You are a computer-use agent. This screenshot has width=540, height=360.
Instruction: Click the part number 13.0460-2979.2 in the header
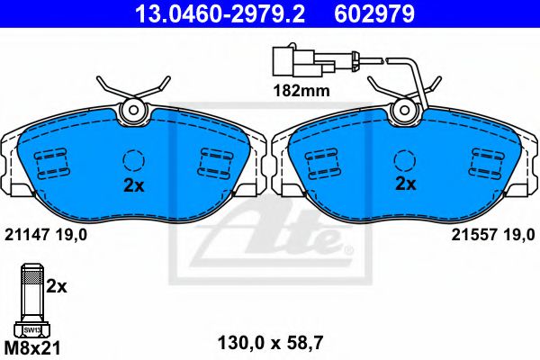220,13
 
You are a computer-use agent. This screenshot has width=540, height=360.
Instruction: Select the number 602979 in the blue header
374,13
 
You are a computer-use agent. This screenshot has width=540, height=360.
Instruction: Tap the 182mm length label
301,91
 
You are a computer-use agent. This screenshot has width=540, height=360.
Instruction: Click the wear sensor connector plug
303,61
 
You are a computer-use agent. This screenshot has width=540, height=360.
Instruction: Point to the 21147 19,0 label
46,235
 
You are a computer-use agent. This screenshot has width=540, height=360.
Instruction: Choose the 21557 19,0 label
493,235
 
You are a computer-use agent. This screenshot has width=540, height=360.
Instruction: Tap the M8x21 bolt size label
32,348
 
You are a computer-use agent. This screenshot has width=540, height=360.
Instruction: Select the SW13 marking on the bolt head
32,330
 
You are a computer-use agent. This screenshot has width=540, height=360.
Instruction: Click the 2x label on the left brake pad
134,186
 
